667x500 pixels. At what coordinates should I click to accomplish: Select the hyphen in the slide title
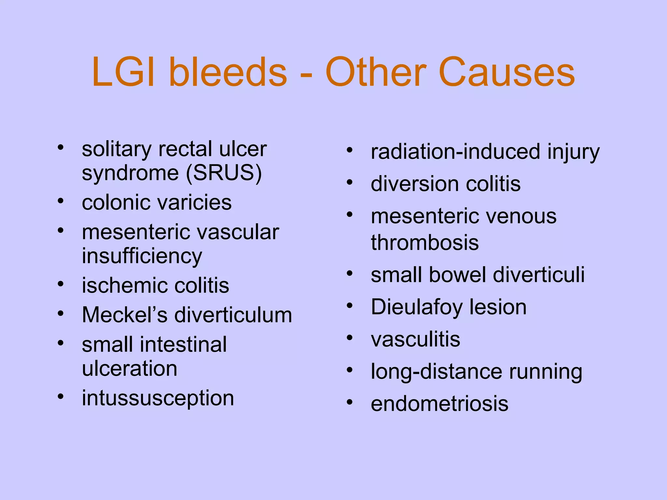pos(306,76)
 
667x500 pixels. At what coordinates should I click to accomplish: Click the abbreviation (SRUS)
pos(224,173)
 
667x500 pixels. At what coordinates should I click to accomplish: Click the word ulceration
pos(130,368)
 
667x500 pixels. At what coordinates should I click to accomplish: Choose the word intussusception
pos(158,398)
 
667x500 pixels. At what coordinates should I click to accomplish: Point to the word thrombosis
pos(425,243)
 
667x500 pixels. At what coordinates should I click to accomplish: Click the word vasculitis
pos(416,339)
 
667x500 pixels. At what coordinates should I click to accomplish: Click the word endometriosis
pos(439,404)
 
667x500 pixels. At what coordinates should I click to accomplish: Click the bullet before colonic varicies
pos(61,201)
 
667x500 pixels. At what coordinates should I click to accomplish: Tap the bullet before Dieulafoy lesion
pos(350,306)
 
